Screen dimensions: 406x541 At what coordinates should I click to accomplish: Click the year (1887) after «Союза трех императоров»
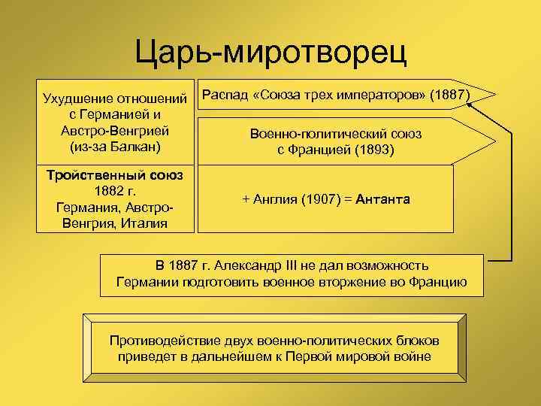pos(449,96)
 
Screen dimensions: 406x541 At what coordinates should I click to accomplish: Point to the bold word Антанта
pos(383,199)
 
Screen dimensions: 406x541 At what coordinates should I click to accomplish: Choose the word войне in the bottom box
pos(414,356)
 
